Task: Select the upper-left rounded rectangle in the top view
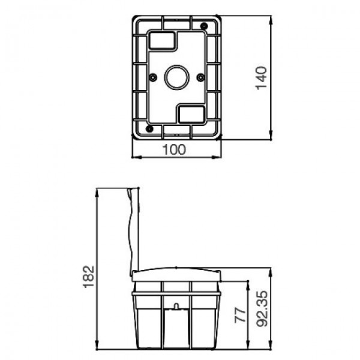click(162, 40)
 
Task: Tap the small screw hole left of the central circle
click(154, 77)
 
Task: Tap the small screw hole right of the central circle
click(200, 77)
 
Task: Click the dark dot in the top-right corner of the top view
click(204, 26)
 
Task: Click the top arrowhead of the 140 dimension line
click(273, 18)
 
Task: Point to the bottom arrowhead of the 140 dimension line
click(273, 136)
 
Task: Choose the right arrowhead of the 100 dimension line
click(220, 158)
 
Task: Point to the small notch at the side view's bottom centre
click(176, 307)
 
